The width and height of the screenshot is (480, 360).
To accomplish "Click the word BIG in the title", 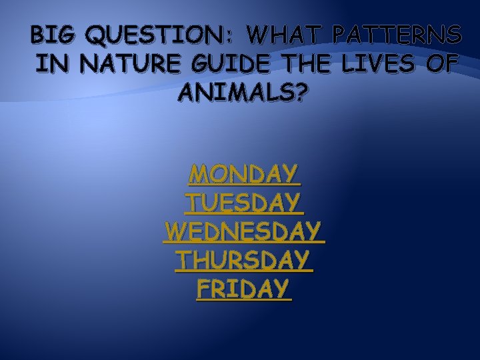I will coord(49,33).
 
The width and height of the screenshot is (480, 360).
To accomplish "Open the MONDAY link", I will coord(243,175).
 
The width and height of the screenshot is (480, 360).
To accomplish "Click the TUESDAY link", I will coord(243,203).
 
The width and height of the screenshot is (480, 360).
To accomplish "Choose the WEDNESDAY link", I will coord(243,231).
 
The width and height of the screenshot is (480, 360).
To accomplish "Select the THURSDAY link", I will coord(243,260).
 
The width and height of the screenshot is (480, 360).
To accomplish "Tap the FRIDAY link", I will coord(243,289).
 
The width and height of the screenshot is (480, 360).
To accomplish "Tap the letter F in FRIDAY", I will coord(203,289).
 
